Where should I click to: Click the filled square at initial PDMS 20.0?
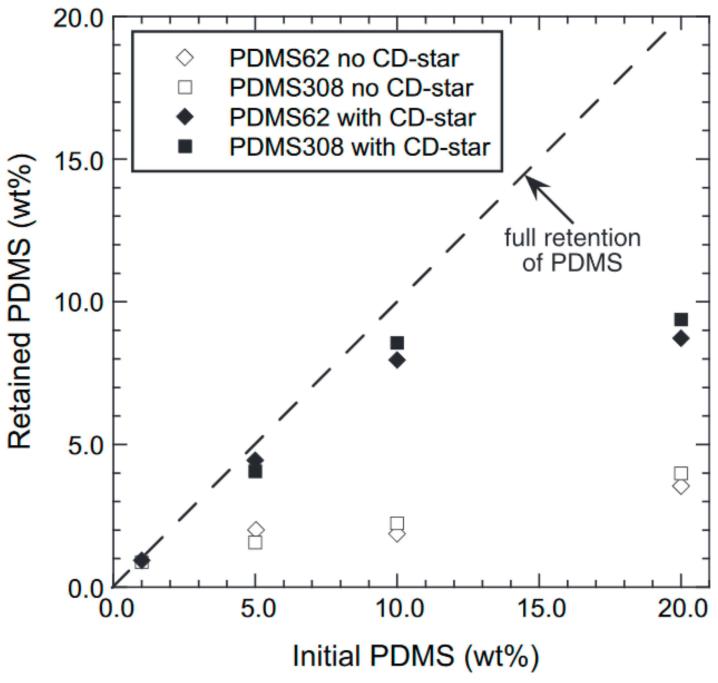pos(681,320)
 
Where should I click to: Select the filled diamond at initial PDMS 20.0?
pos(681,338)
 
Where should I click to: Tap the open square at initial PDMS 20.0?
pos(681,474)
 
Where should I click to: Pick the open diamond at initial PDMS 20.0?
pos(681,487)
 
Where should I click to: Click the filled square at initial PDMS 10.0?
pos(397,343)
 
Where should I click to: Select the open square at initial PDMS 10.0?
pos(397,523)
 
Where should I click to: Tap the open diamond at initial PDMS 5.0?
pos(256,529)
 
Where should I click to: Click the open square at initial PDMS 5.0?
pos(255,542)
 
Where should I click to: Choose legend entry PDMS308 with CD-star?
pos(359,147)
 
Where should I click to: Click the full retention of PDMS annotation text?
pos(572,250)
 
